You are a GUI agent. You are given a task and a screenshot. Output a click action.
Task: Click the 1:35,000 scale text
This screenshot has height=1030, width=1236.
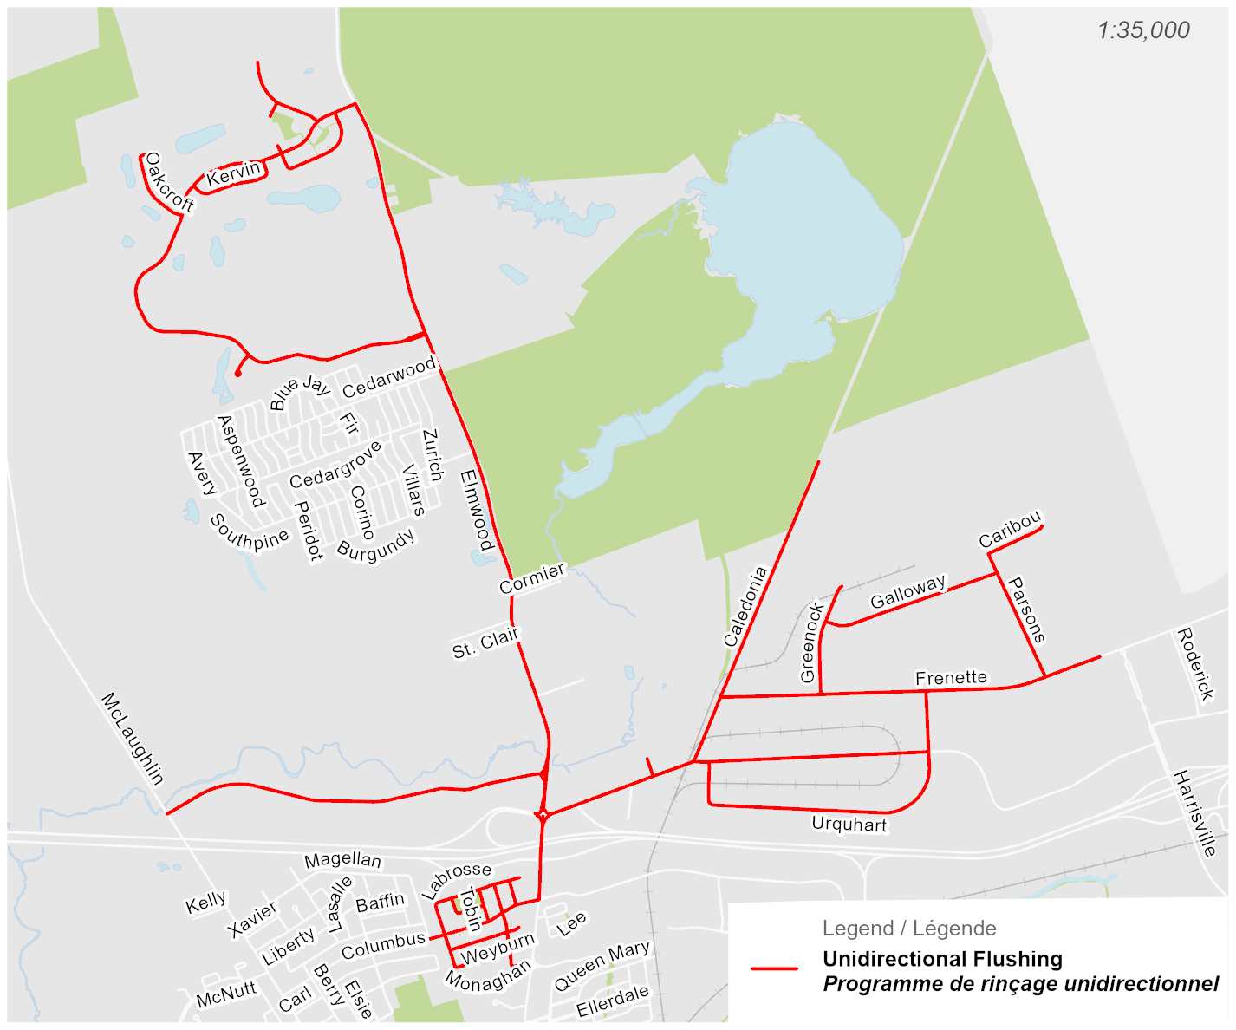pyautogui.click(x=1143, y=30)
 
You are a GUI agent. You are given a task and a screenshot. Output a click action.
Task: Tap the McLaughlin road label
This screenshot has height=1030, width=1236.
pyautogui.click(x=133, y=738)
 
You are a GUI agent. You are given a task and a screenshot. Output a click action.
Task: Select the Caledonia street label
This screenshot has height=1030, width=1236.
pyautogui.click(x=745, y=607)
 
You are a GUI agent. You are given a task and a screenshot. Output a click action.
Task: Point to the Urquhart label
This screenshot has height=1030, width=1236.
pyautogui.click(x=849, y=824)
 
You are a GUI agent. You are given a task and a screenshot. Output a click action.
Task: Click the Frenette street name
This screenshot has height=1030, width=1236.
pyautogui.click(x=951, y=678)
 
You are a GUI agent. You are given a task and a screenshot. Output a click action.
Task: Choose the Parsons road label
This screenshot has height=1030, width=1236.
pyautogui.click(x=1028, y=610)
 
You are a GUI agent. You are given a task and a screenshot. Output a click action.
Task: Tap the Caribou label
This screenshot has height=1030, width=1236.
pyautogui.click(x=1010, y=530)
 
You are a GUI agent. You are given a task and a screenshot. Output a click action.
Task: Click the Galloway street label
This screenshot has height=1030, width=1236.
pyautogui.click(x=908, y=591)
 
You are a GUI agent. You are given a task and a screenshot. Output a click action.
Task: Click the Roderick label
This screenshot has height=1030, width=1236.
pyautogui.click(x=1194, y=664)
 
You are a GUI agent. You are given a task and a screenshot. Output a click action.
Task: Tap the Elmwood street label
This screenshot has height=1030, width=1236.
pyautogui.click(x=476, y=510)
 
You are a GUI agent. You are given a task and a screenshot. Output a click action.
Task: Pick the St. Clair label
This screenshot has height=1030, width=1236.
pyautogui.click(x=485, y=642)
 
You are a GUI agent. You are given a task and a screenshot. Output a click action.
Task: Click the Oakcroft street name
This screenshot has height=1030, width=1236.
pyautogui.click(x=168, y=182)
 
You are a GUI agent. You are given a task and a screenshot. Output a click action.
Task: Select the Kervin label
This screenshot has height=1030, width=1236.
pyautogui.click(x=234, y=173)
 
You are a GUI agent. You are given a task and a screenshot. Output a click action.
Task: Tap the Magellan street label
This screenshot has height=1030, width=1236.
pyautogui.click(x=342, y=859)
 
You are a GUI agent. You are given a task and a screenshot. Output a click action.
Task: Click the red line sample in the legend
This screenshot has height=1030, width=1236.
pyautogui.click(x=775, y=968)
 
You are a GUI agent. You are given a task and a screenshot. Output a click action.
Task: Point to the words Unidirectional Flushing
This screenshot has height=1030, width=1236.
pyautogui.click(x=942, y=959)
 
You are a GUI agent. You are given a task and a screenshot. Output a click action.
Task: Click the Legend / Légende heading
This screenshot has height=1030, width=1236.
pyautogui.click(x=909, y=929)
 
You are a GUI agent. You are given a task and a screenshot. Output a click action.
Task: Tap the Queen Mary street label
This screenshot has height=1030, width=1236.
pyautogui.click(x=602, y=966)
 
